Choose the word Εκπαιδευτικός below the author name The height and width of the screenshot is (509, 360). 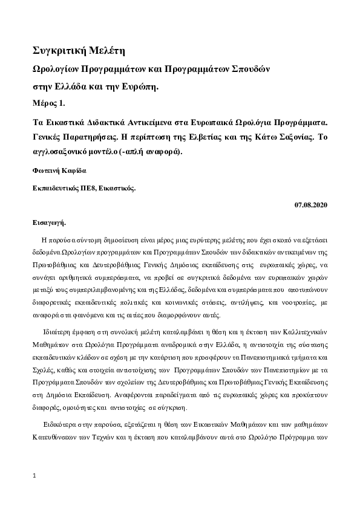[53, 188]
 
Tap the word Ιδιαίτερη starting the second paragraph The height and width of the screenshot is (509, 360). [57, 333]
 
